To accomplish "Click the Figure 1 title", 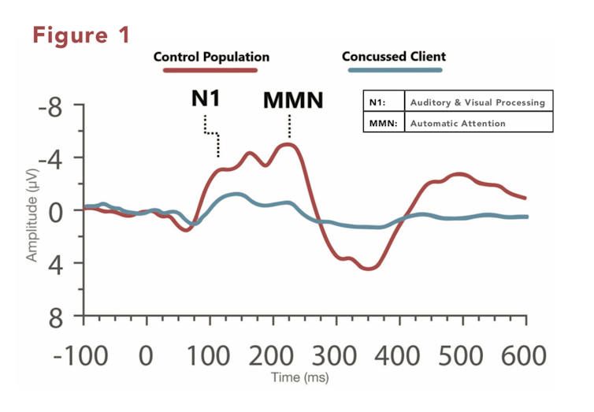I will coord(81,35).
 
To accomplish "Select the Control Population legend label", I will coord(210,57).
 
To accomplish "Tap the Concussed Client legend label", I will coord(394,57).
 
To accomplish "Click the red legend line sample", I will coord(210,70).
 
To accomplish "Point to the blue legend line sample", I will coord(395,70).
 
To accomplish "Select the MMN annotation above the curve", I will coord(293,100).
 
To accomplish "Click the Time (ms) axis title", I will coord(300,378).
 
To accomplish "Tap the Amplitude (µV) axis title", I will coord(32,224).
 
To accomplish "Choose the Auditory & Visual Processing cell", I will coord(477,103).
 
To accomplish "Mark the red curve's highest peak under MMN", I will coord(289,144).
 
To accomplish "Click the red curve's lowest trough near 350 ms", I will coord(367,269).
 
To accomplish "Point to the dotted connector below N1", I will coord(211,135).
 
